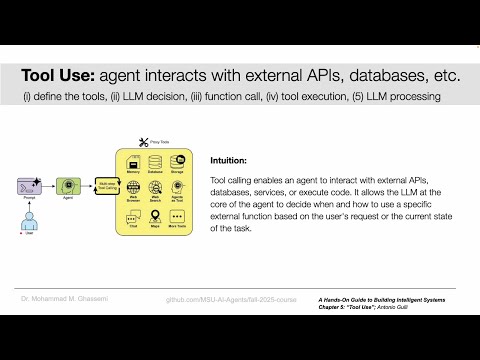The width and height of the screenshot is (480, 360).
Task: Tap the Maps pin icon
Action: (155, 213)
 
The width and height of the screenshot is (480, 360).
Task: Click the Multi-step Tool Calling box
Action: (103, 185)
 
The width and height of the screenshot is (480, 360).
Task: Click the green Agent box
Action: (67, 185)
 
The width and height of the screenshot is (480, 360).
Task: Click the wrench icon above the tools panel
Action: (143, 141)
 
